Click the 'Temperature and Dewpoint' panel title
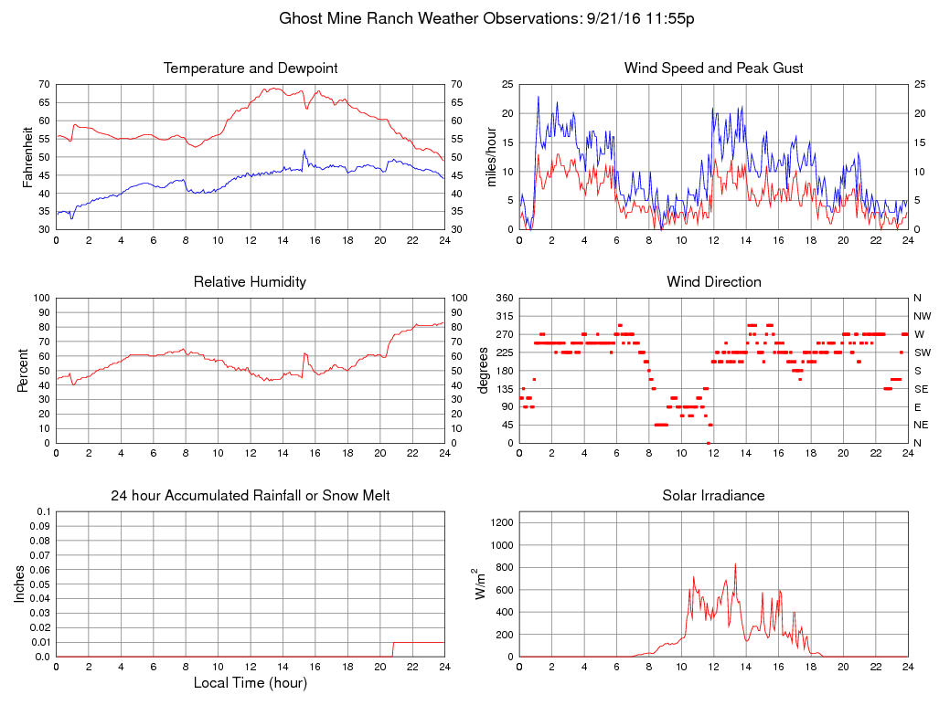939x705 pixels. coord(251,68)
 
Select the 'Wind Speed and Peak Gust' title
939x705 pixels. coord(713,68)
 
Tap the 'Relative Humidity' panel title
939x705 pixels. coord(250,282)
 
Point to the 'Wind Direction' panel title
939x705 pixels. coord(713,282)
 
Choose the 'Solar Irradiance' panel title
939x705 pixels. coord(713,496)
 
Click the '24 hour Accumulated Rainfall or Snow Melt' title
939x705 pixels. coord(251,496)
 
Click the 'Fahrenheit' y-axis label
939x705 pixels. coord(28,157)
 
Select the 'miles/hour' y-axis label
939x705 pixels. coord(491,157)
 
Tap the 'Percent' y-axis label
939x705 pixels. coord(23,371)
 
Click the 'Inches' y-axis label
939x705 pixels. coord(20,584)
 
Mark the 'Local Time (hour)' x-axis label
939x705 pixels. coord(250,682)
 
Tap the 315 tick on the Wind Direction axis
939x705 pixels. coord(504,316)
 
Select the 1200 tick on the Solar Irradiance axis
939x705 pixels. coord(500,523)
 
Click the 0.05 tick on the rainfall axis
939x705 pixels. coord(39,584)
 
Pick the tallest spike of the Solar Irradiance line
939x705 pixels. coord(735,565)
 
